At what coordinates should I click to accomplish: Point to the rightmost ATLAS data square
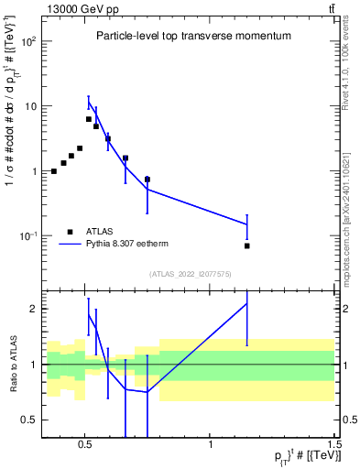[247, 245]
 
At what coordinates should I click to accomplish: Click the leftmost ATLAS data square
[54, 171]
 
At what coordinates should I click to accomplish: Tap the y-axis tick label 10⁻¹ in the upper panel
[28, 236]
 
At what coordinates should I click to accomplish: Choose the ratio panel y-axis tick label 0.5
[30, 420]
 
